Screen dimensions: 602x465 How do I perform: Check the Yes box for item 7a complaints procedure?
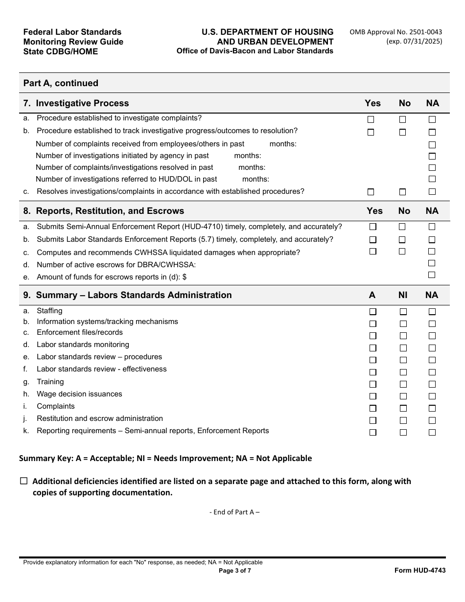click(371, 119)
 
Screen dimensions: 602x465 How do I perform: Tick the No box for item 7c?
click(402, 192)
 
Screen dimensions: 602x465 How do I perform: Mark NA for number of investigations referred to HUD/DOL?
click(432, 179)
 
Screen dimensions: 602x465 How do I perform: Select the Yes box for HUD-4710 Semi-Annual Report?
click(373, 227)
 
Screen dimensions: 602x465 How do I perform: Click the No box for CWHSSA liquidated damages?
click(402, 252)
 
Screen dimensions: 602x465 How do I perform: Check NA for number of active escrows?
click(432, 263)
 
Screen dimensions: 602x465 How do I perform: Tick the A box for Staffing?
click(373, 312)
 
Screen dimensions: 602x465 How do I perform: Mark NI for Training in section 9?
click(403, 384)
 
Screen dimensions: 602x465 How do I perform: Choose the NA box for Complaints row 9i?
click(432, 408)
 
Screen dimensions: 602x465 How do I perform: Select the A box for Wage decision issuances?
click(373, 396)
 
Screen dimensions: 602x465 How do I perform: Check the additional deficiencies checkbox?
click(24, 481)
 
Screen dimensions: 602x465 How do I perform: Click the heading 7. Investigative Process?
click(76, 103)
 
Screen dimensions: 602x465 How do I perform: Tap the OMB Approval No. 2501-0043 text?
click(395, 32)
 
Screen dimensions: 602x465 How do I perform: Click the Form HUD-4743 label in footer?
click(420, 571)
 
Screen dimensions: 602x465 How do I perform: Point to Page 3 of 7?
click(235, 571)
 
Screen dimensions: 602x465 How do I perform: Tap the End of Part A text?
click(234, 512)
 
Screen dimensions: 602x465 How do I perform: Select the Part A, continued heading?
click(61, 83)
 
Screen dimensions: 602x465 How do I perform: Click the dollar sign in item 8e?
click(185, 277)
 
